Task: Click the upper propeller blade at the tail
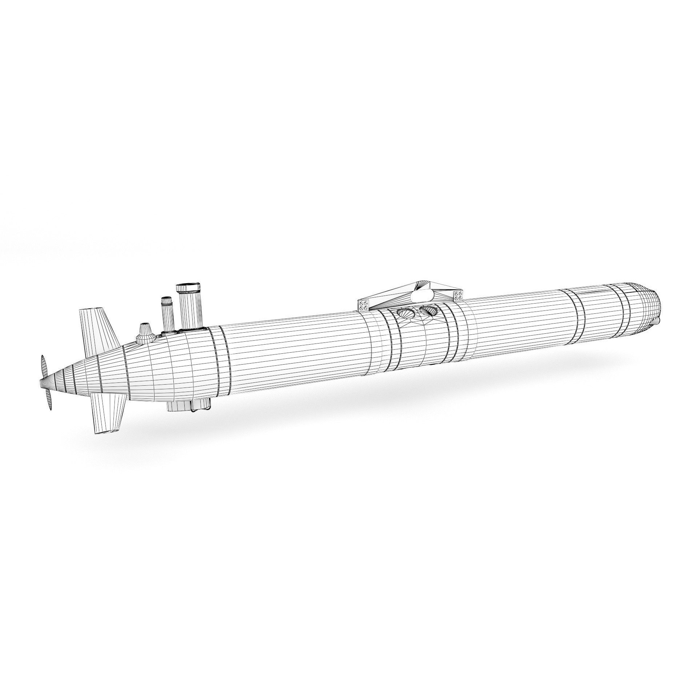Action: point(44,367)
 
